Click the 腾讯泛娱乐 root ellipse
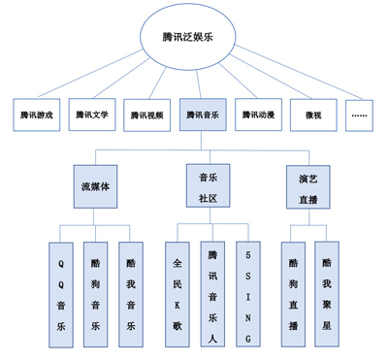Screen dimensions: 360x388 (195, 36)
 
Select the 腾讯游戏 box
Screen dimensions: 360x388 (37, 115)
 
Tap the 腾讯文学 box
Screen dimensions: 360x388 (93, 115)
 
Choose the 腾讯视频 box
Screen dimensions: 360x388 (147, 115)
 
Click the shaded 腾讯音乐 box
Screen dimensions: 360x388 (203, 115)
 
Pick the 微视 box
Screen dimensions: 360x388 (313, 115)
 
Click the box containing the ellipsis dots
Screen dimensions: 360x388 (360, 115)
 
